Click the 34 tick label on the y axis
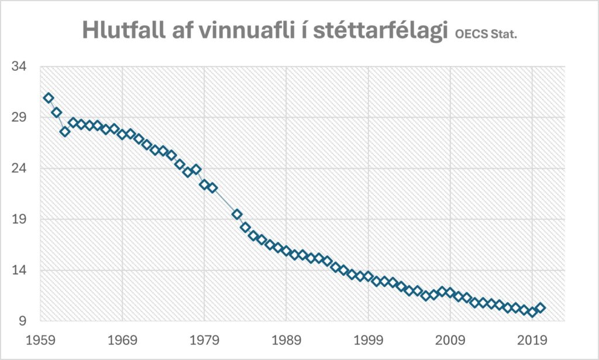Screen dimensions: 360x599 [19, 67]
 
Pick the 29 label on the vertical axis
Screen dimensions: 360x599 [19, 118]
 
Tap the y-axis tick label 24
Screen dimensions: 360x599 [19, 169]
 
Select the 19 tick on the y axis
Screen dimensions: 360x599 [19, 220]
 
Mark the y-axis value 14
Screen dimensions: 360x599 [19, 270]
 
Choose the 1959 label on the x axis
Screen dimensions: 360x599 [40, 340]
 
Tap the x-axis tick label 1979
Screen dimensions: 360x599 [204, 340]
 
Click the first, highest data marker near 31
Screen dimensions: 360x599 [49, 98]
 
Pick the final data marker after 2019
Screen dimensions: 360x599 [541, 308]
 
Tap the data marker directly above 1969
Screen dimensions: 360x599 [122, 135]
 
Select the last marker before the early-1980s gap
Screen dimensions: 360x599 [212, 188]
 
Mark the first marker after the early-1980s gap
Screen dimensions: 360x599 [237, 214]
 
